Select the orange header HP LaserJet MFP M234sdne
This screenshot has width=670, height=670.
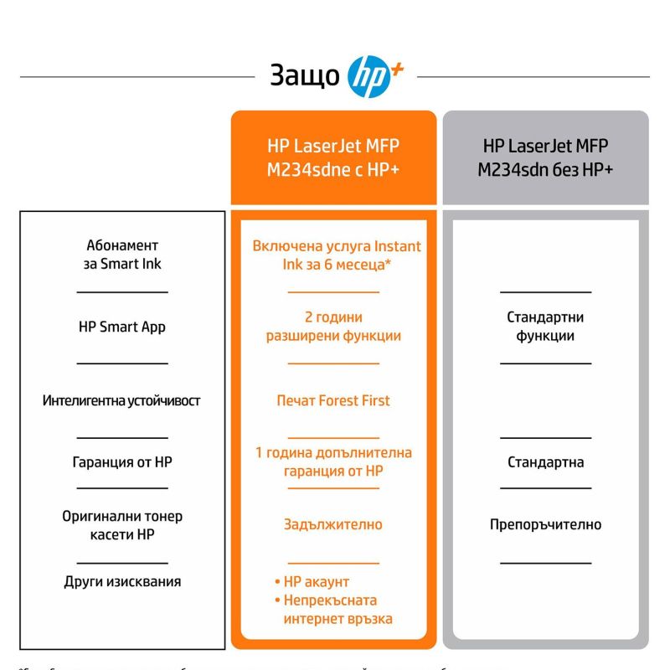(333, 157)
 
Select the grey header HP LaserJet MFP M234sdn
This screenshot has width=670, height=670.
(545, 157)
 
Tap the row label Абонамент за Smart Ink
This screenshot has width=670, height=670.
(122, 255)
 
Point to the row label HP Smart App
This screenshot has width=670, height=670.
(122, 327)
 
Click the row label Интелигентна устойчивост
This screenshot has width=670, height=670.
(122, 400)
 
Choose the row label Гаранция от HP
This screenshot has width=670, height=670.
(122, 461)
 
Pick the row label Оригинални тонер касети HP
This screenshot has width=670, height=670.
(122, 525)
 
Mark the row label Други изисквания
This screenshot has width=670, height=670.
(122, 581)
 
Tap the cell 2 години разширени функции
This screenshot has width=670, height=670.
(333, 327)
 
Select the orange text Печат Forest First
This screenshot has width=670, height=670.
(333, 400)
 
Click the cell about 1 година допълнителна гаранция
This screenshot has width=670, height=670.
(333, 461)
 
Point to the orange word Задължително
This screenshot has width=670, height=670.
(333, 524)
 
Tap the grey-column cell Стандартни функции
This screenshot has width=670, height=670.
(545, 327)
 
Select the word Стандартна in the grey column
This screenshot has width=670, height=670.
(545, 461)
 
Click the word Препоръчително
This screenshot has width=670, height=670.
(545, 524)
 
